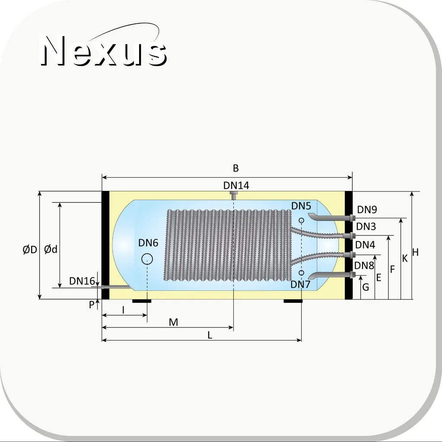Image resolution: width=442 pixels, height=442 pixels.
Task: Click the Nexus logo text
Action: click(103, 51)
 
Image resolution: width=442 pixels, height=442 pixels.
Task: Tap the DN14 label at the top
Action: click(236, 185)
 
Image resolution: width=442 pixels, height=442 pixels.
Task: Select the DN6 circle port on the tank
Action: click(147, 259)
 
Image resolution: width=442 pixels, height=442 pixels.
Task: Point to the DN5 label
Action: click(301, 206)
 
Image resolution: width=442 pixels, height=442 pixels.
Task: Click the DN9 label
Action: click(367, 210)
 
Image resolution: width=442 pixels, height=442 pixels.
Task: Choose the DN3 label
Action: click(366, 226)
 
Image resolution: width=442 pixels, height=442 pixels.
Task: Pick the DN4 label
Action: click(365, 245)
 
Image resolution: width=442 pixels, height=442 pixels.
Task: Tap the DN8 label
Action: click(364, 265)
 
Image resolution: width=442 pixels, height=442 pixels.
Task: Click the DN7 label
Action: click(300, 284)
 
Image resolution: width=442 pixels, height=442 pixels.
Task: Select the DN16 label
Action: click(82, 281)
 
